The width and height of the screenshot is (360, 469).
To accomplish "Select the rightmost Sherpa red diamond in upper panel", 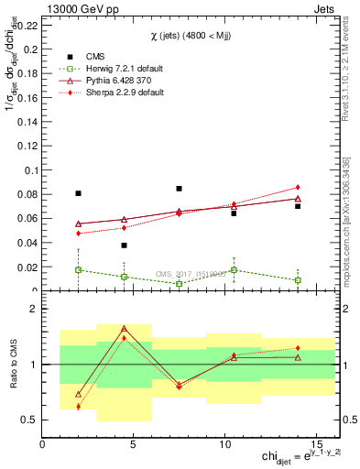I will pos(298,187).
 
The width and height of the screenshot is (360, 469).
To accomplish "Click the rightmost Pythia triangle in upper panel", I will pos(298,199).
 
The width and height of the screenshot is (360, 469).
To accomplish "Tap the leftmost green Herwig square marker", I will pos(78,270).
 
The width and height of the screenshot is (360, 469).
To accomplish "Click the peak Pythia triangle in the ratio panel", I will pos(124,329).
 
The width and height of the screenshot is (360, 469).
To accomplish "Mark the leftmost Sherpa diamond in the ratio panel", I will pos(78,407).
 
